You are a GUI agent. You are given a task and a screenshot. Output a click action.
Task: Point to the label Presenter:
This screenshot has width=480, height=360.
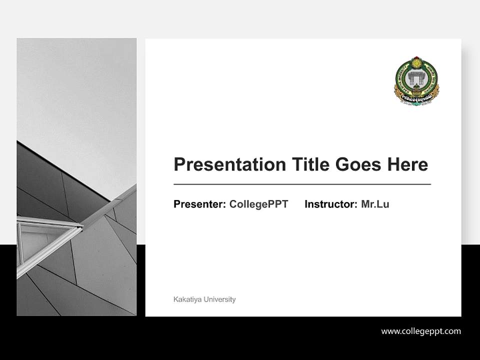199,204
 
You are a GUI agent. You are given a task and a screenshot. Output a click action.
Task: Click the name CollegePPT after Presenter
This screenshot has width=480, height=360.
258,204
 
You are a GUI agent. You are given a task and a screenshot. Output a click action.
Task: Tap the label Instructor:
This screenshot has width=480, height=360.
330,204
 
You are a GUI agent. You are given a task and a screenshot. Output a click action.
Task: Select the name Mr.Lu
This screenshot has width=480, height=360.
375,204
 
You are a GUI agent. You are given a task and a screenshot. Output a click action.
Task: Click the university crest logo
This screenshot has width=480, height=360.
416,82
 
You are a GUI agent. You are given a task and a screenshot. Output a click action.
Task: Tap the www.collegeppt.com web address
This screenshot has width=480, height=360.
421,331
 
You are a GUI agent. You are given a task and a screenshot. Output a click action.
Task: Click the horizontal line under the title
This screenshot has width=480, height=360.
302,184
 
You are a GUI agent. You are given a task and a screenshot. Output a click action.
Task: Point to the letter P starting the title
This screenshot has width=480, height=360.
178,164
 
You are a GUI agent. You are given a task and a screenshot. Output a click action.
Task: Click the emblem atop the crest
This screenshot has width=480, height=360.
416,62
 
